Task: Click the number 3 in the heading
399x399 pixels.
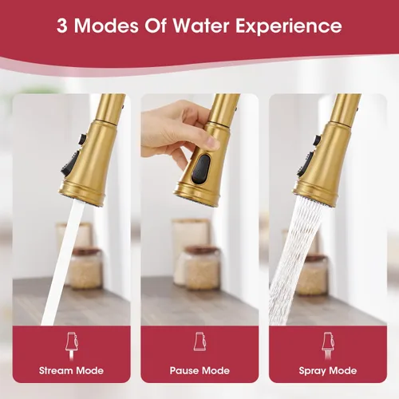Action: pos(61,26)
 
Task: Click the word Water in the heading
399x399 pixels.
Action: pos(201,26)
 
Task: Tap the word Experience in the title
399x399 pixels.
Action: pos(289,27)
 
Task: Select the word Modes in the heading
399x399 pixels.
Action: pos(106,26)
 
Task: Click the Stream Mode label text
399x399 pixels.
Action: pos(71,370)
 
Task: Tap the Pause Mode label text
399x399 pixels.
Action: pos(199,370)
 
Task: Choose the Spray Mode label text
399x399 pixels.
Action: pos(328,371)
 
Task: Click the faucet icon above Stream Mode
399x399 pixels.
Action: pos(72,346)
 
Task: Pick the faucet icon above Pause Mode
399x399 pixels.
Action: pos(199,342)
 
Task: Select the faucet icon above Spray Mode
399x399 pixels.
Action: pos(328,346)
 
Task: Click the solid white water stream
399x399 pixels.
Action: pos(63,262)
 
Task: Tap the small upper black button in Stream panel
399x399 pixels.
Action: pos(83,140)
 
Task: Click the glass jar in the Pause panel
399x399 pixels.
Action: pos(202,267)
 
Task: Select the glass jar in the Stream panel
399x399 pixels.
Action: pos(85,269)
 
